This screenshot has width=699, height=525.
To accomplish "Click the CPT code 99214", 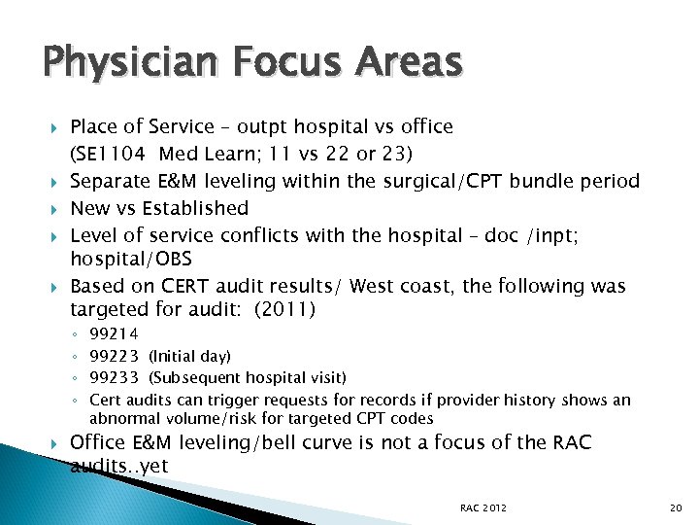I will point(114,333).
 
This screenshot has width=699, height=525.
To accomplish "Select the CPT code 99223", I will point(114,356).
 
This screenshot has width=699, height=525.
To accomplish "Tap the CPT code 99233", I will point(114,377).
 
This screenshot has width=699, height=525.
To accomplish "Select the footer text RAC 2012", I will point(483,507).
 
